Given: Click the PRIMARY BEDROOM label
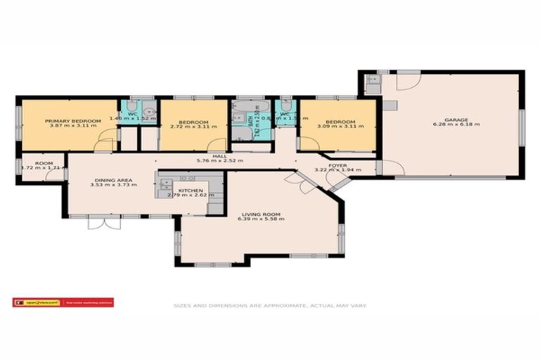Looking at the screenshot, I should coord(69,121).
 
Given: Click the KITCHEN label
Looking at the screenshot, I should coord(191,191).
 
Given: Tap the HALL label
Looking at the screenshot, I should coord(220,156).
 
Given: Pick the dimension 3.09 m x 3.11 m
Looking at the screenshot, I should coord(340,127).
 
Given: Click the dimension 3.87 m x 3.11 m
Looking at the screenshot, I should coord(69,127).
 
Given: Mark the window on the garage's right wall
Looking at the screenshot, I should coord(522,127).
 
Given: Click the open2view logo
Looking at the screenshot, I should coord(63,303).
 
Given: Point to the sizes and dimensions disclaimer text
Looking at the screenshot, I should coord(271,306).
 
